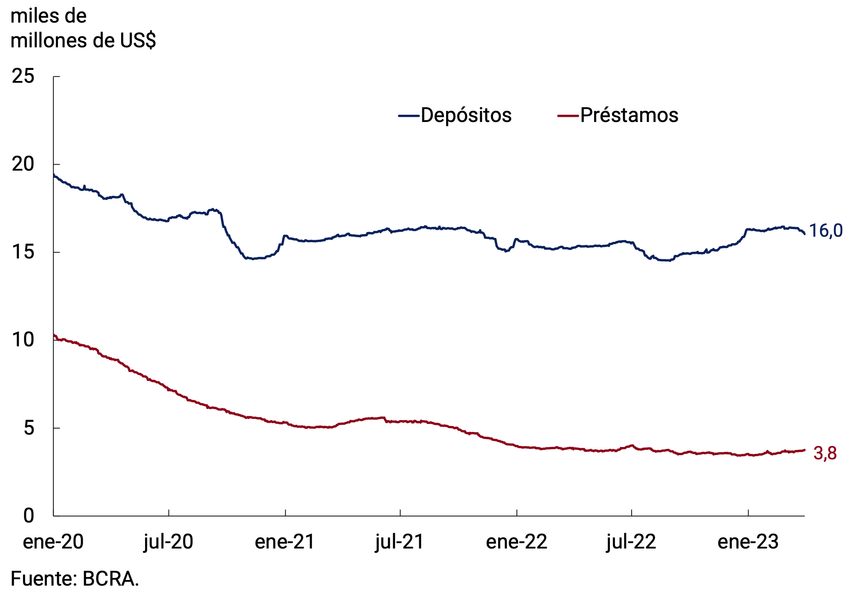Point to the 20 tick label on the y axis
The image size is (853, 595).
tap(23, 164)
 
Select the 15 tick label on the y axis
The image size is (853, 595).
tap(23, 252)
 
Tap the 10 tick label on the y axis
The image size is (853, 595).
tap(23, 340)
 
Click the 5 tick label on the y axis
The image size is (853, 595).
tap(29, 428)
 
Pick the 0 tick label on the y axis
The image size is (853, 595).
tap(29, 516)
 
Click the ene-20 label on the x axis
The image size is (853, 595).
tap(53, 542)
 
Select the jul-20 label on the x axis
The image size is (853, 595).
tap(168, 542)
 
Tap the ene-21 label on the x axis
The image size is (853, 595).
tap(285, 542)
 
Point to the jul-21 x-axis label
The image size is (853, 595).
tap(400, 542)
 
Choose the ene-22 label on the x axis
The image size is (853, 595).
tap(516, 542)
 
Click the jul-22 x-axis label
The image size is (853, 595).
tap(631, 542)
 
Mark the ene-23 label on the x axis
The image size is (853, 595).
tap(748, 542)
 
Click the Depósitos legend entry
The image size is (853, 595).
tap(466, 115)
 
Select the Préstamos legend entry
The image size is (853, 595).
tap(629, 115)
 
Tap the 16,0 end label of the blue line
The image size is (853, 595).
tap(826, 231)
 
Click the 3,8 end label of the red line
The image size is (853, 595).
tap(825, 453)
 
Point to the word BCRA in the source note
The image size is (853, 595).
tap(110, 579)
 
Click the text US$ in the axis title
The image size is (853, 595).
tap(138, 41)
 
